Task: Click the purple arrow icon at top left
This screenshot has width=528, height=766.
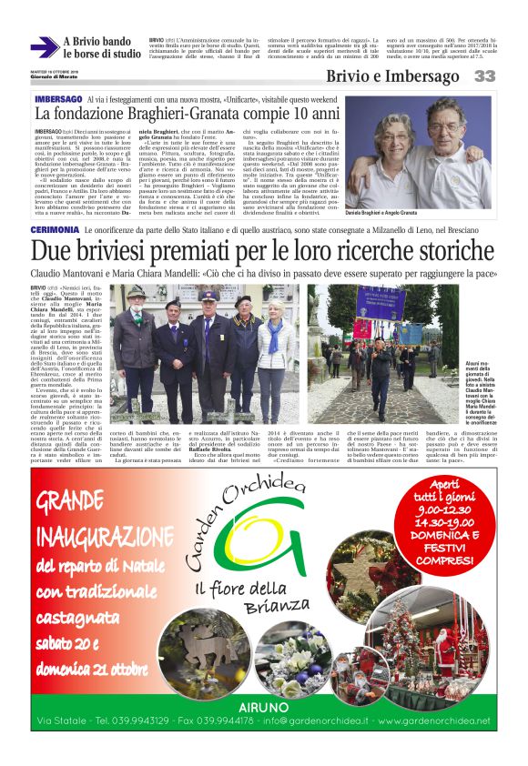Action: point(44,47)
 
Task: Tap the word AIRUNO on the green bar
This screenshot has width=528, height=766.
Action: point(264,706)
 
